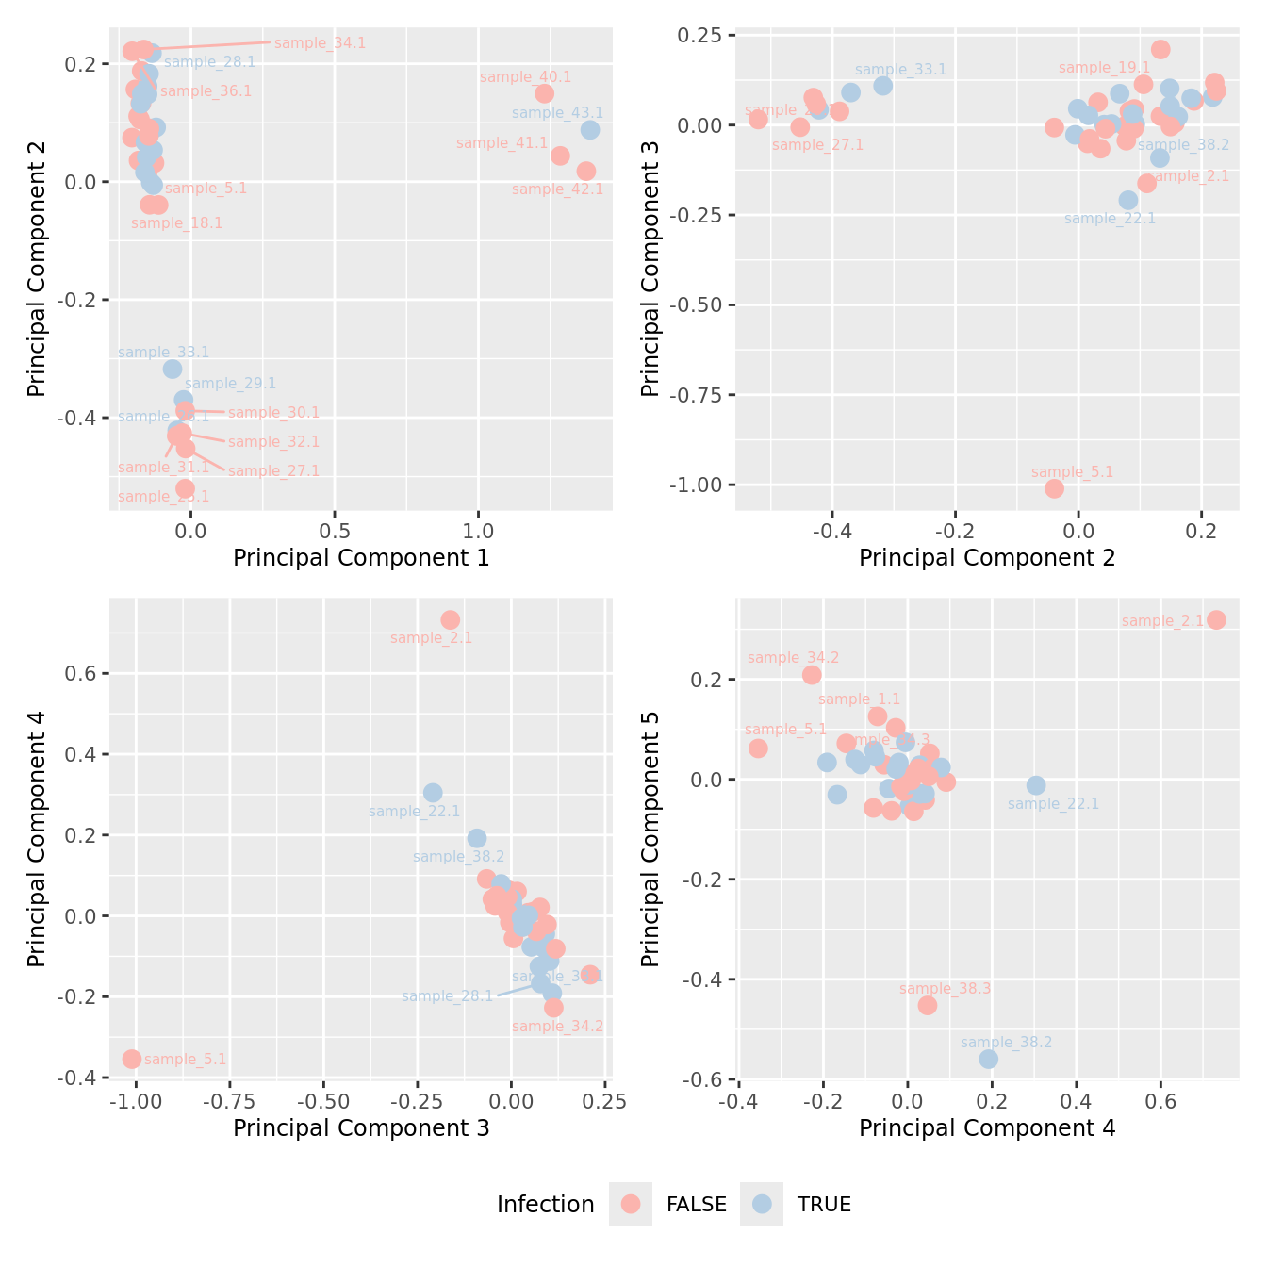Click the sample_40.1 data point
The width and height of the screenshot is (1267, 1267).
point(544,93)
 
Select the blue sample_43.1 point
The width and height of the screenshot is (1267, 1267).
point(590,130)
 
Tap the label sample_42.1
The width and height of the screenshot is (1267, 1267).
point(557,189)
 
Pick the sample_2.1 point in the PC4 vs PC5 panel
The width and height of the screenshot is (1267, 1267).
point(1216,619)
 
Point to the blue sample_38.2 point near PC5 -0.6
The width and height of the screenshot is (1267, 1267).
point(988,1059)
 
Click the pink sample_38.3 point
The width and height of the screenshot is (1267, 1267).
point(928,1005)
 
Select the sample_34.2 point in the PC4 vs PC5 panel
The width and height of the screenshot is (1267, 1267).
point(812,674)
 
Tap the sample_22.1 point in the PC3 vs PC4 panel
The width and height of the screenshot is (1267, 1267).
point(433,793)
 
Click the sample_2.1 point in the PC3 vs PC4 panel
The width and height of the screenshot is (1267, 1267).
point(450,619)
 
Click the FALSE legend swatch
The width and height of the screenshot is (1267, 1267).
point(631,1204)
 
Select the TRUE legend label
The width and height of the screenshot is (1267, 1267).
point(824,1205)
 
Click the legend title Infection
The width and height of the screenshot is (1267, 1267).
point(545,1205)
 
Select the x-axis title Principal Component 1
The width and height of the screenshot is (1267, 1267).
point(361,558)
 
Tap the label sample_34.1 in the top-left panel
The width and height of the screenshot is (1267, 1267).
point(320,43)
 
